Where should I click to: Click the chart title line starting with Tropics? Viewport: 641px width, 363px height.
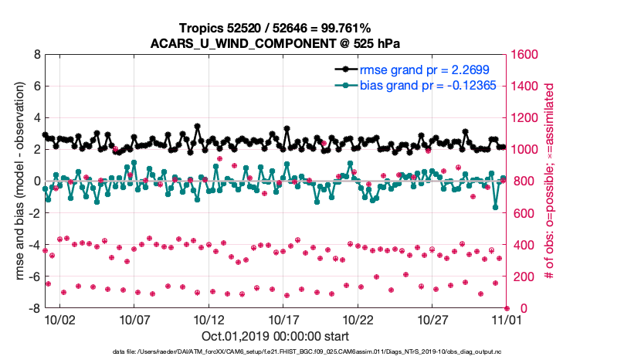(x=274, y=29)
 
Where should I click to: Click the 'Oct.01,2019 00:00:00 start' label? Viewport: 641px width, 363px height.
(x=275, y=337)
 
